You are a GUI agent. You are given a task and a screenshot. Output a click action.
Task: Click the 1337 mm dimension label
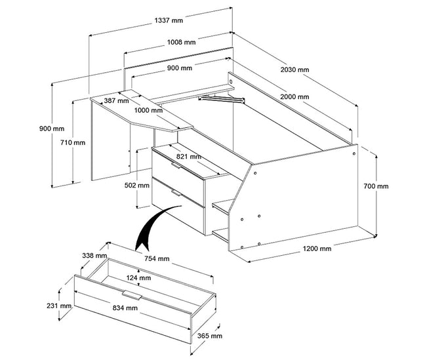point(169,20)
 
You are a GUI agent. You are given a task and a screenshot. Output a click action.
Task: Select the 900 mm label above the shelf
point(180,68)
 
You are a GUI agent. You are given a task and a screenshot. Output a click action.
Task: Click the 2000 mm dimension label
point(293,97)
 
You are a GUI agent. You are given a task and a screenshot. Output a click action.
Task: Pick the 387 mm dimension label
point(116,101)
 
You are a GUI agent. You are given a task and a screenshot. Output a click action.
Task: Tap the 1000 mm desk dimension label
point(148,110)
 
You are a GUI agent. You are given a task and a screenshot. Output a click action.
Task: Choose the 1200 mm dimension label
point(317,249)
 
